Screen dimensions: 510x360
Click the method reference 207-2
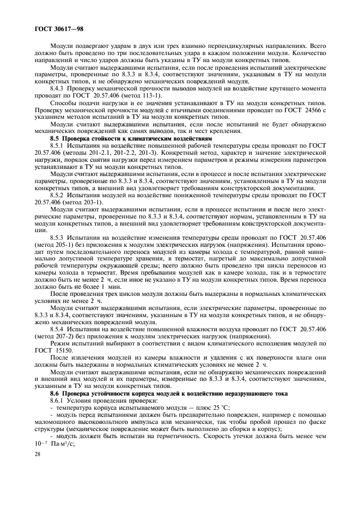point(65,337)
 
